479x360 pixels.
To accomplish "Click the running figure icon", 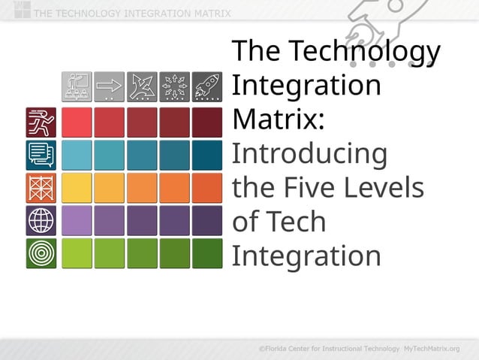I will click(x=41, y=122).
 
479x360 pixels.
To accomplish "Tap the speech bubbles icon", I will click(x=41, y=155).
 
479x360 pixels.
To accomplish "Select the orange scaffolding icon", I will click(x=41, y=188).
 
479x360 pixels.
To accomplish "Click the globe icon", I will click(x=41, y=220).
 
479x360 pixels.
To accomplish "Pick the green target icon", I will click(x=41, y=253).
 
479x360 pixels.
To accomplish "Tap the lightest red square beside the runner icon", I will click(x=77, y=122).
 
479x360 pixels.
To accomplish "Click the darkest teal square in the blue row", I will click(x=207, y=155).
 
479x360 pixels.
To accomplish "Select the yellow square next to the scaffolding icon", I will click(x=77, y=188).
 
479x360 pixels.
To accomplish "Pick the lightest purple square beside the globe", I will click(x=77, y=220).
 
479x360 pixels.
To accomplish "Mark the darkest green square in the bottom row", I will click(x=207, y=253).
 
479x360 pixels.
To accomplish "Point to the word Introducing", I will click(x=309, y=154).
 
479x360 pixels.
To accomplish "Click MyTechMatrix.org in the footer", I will click(x=431, y=349).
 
